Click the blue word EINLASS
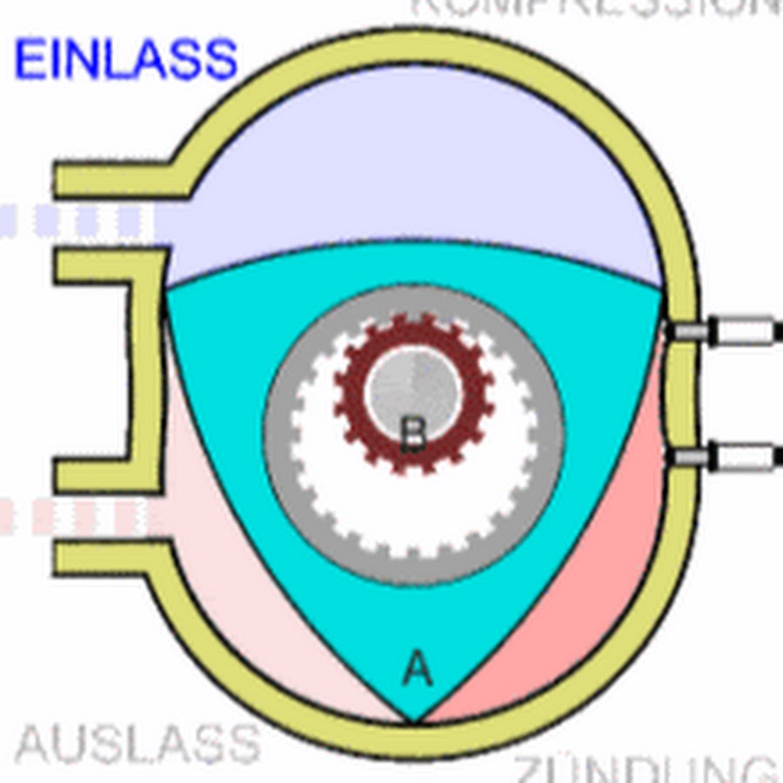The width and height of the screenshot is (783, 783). tap(126, 59)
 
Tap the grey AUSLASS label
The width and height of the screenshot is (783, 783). tap(137, 745)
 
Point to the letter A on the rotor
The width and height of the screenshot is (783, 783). tap(418, 670)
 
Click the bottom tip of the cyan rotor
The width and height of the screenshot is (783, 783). tap(414, 719)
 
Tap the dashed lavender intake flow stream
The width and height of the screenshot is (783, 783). tap(78, 221)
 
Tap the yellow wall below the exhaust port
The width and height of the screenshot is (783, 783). tap(113, 557)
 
